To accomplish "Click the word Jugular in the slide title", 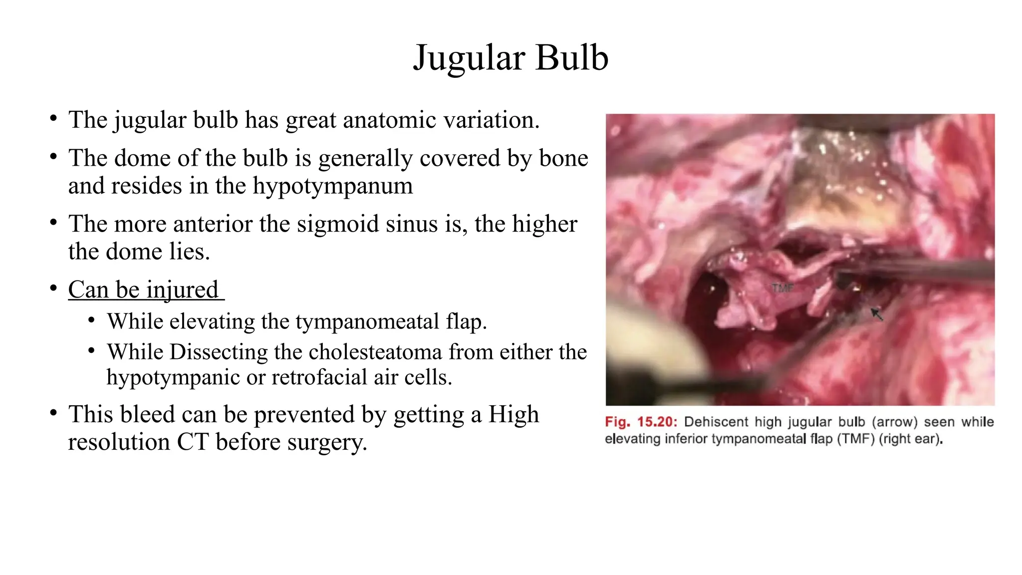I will (x=468, y=58).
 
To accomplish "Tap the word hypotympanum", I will (x=333, y=186).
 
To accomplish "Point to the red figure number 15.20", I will (x=657, y=422).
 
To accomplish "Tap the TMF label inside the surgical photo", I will (x=782, y=288).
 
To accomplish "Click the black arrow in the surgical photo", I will (x=877, y=314).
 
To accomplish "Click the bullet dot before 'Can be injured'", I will (x=53, y=288).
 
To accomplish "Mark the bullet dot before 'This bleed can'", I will (x=53, y=413).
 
